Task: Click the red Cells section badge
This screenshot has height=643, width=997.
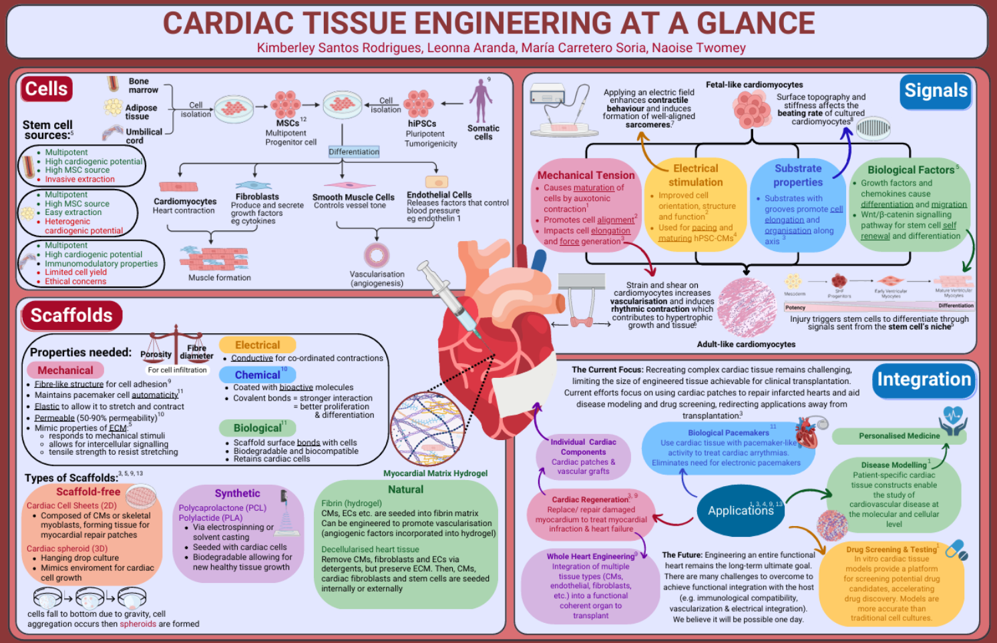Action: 47,89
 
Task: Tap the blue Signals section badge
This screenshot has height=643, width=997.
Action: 936,91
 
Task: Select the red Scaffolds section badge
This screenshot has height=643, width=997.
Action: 71,315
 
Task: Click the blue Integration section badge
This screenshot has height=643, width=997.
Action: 924,379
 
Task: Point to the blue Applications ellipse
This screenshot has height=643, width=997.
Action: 740,511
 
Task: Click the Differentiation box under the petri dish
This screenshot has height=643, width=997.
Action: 354,152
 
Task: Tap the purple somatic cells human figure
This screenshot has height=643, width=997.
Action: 481,101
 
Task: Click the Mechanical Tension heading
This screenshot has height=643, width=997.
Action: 586,175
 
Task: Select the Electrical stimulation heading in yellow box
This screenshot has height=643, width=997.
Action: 695,176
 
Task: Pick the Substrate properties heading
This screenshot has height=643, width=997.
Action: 798,176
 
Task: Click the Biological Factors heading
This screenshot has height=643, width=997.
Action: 910,170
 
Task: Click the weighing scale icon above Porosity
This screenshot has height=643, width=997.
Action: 176,337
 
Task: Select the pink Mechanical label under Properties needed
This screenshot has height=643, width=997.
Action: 65,370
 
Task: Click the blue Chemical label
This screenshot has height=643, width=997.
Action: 257,375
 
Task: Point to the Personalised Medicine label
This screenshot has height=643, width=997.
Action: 899,436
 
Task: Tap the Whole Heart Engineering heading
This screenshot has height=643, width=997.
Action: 590,556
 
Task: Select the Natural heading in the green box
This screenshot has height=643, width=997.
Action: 405,489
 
